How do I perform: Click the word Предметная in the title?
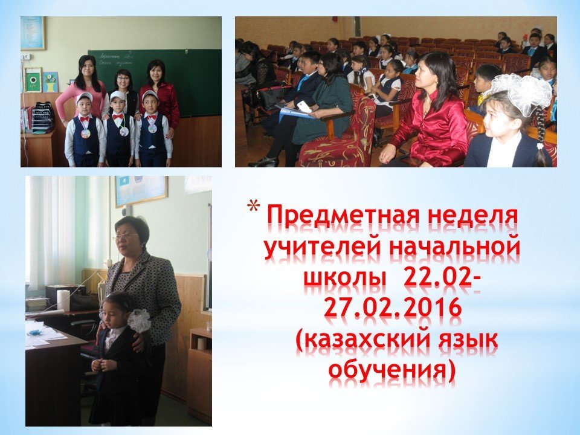343,217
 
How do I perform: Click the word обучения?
391,370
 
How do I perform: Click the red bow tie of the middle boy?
118,117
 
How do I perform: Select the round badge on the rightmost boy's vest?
152,128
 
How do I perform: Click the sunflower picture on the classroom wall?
33,80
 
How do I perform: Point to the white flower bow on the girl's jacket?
139,320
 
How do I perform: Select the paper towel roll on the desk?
63,300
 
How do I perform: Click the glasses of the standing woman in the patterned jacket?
126,236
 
